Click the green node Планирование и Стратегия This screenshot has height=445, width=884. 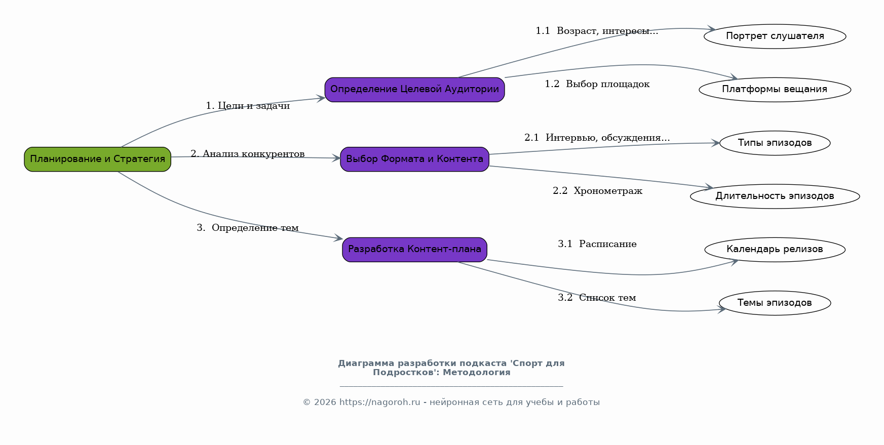(98, 159)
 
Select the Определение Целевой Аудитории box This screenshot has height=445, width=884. (414, 90)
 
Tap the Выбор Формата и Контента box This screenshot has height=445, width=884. (414, 159)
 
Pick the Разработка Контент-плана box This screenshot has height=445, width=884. (414, 250)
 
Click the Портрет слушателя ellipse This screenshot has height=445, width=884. (775, 36)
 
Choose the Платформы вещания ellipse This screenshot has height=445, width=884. (775, 90)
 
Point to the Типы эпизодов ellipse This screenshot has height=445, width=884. (775, 143)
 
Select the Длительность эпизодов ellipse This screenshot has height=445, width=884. (775, 196)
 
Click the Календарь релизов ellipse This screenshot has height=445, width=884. (775, 250)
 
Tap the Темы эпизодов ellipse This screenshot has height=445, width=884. (775, 303)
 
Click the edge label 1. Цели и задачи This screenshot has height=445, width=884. (248, 106)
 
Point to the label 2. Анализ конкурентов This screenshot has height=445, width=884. (248, 154)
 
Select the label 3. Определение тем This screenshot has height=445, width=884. (248, 228)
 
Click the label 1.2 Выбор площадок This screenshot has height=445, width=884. (597, 84)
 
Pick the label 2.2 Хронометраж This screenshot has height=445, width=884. (597, 191)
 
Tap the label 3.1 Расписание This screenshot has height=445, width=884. (597, 244)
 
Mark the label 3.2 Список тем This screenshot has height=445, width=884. (597, 298)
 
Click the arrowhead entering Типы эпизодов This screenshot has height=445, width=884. (715, 143)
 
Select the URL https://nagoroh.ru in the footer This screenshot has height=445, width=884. (380, 402)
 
